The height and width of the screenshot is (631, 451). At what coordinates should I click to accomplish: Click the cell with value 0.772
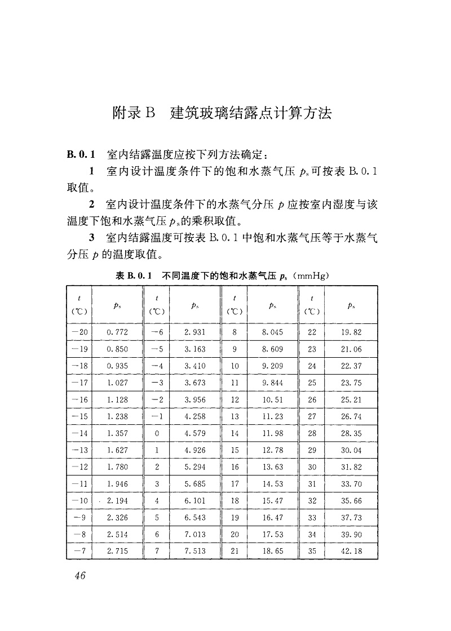pos(117,332)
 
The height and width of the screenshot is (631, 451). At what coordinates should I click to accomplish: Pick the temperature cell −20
pos(79,332)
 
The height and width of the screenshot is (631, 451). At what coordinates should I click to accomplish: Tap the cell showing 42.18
pos(351,550)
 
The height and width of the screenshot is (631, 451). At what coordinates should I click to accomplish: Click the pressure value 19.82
pos(351,332)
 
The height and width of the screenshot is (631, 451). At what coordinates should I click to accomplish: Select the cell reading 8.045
pos(273,332)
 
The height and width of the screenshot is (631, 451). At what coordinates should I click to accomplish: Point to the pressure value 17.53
pos(273,534)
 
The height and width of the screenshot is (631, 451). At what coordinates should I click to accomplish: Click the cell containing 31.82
pos(351,467)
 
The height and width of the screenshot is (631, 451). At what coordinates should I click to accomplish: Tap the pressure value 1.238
pos(117,417)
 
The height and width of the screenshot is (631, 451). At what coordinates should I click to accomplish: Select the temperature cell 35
pos(312,550)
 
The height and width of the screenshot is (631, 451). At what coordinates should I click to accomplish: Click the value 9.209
pos(273,366)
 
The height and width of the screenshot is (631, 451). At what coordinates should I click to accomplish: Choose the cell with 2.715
pos(117,550)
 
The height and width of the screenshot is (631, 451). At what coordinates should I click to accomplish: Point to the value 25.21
pos(351,400)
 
